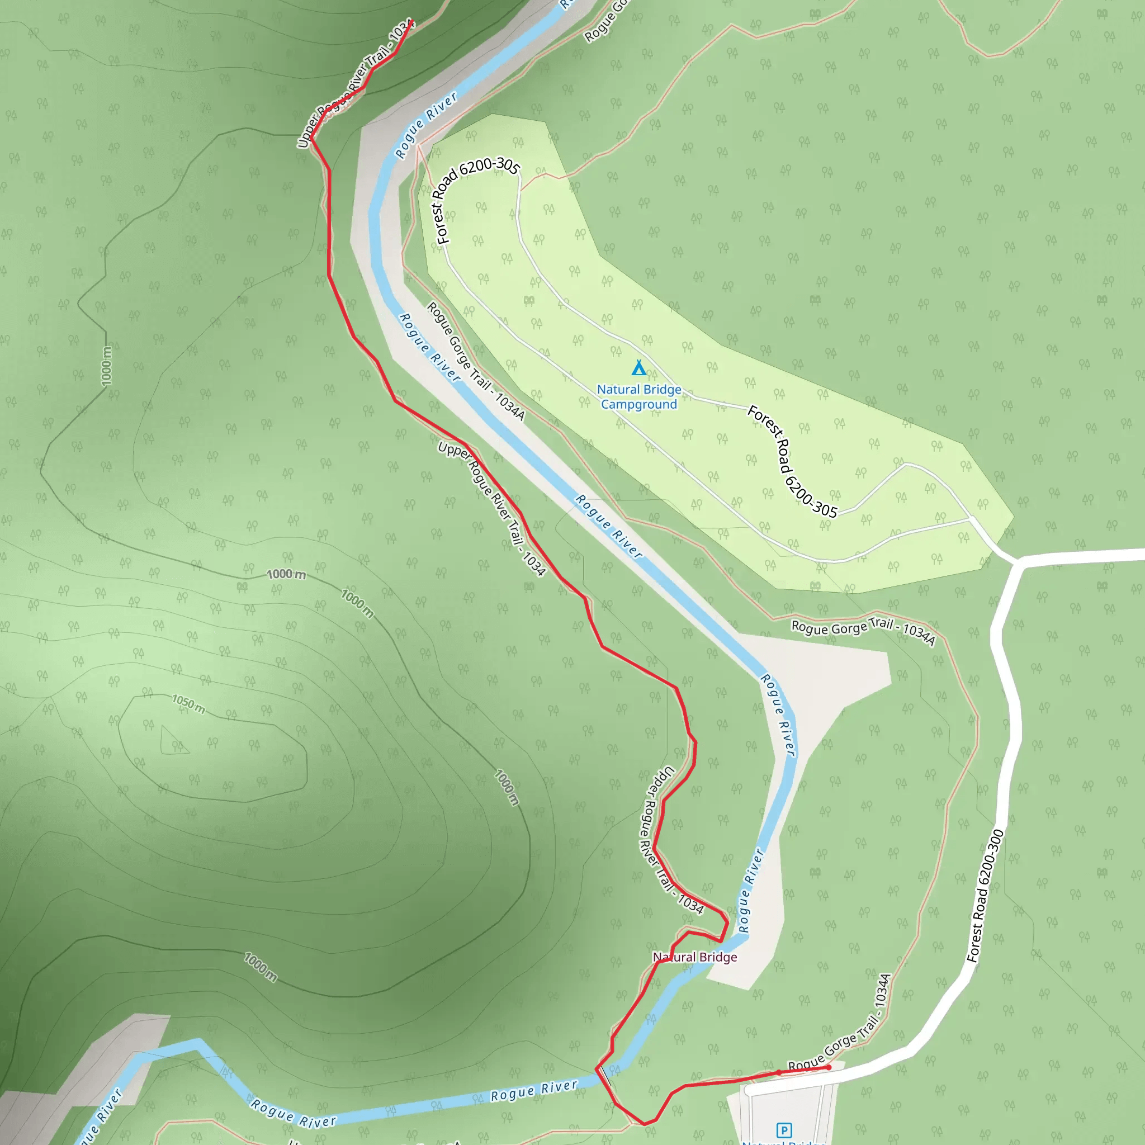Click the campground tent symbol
pos(638,368)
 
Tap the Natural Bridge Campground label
pos(639,396)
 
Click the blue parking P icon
pos(783,1129)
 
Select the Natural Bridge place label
pos(694,957)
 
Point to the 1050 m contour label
pos(188,704)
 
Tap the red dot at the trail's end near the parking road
pos(829,1067)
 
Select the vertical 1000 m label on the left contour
pos(107,366)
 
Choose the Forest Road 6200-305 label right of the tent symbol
pos(792,461)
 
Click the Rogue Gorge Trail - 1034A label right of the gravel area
pos(863,631)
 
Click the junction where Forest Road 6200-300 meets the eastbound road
pos(1018,560)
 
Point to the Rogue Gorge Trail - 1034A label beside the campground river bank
pos(475,361)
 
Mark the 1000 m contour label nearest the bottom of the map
pos(260,967)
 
